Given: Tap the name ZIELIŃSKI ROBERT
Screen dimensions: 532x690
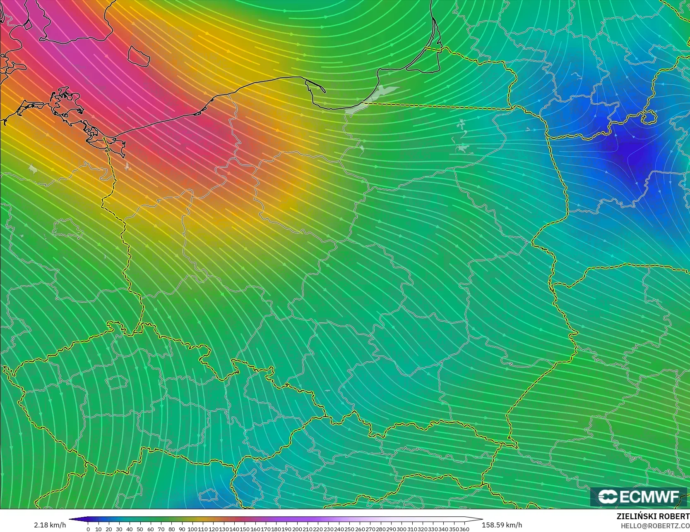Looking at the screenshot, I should click(x=653, y=516).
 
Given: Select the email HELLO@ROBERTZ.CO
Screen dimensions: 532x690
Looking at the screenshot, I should click(x=655, y=526).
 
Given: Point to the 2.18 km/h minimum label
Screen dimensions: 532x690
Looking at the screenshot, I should click(x=50, y=525).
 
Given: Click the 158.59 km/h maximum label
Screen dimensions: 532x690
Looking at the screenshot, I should click(x=502, y=525).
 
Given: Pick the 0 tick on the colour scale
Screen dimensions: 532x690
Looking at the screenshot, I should click(x=88, y=529).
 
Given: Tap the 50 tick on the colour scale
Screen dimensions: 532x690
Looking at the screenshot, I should click(x=140, y=529).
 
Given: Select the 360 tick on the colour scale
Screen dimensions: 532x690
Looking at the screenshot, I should click(x=464, y=529).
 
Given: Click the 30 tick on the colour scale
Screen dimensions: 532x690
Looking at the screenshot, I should click(x=119, y=529).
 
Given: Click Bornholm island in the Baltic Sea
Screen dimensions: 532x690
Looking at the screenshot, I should click(x=138, y=56).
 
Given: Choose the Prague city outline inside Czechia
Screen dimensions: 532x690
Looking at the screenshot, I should click(x=117, y=382).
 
